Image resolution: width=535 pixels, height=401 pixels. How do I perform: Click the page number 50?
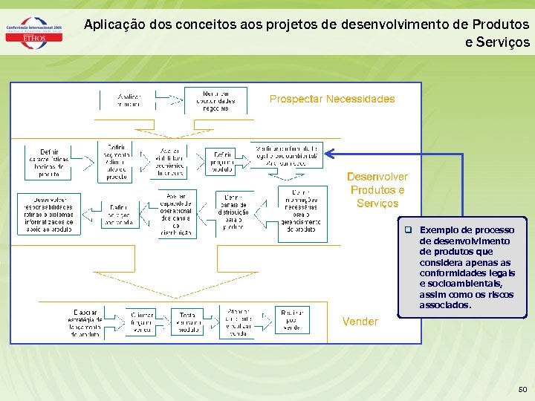[x=522, y=389]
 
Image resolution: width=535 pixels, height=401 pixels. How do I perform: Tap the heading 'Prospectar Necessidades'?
[x=332, y=99]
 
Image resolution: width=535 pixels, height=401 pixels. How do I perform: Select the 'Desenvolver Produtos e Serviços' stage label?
[x=377, y=190]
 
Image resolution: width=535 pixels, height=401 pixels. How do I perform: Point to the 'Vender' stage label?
[x=360, y=322]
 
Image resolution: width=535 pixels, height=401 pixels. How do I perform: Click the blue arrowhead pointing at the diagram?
[x=329, y=154]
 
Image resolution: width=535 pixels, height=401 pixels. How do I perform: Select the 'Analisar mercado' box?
[x=129, y=100]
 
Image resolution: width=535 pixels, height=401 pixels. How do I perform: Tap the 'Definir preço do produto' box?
[x=221, y=161]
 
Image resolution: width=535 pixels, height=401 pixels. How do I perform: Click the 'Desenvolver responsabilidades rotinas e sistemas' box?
[x=50, y=214]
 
